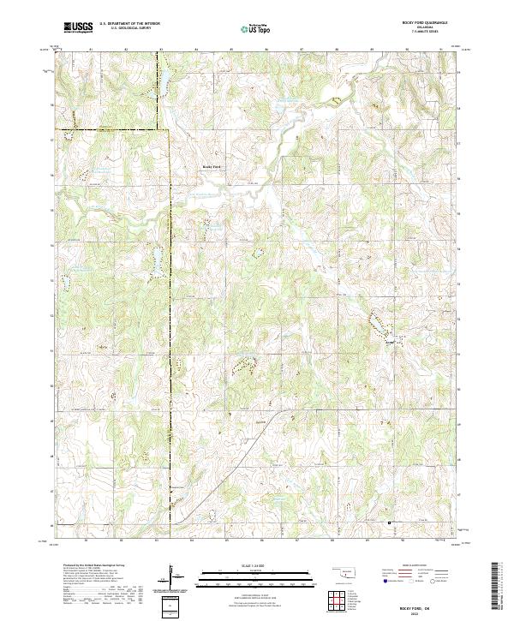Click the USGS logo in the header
[77, 27]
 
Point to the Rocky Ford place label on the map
[211, 166]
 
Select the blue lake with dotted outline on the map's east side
[375, 323]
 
